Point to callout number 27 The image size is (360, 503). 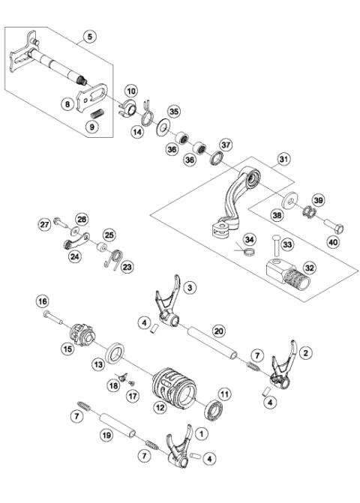click(x=44, y=223)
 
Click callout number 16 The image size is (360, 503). click(x=43, y=301)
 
